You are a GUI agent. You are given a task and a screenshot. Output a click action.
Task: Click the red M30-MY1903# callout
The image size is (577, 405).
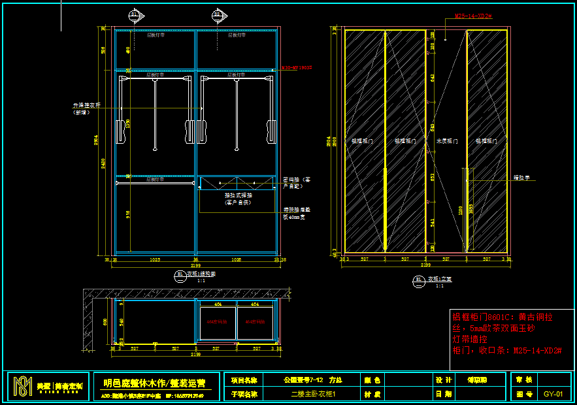click(297, 67)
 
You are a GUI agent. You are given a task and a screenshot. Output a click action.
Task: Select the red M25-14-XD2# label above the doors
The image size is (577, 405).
click(473, 16)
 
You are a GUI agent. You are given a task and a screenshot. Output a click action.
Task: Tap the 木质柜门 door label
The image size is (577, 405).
click(446, 140)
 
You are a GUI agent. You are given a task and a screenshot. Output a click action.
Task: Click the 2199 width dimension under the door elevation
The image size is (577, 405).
click(425, 265)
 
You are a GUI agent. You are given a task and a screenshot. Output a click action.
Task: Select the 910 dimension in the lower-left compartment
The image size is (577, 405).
click(128, 214)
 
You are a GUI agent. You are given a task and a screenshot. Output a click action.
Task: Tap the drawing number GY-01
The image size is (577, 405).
click(553, 394)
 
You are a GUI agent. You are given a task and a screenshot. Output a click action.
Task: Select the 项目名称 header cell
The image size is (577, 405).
click(244, 380)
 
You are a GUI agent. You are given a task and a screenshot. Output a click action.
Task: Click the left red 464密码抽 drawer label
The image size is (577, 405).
click(218, 322)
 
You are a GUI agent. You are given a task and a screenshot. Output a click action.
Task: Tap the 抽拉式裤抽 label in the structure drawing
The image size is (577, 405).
click(239, 195)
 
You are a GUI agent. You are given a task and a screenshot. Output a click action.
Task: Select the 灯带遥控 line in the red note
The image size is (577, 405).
click(470, 339)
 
